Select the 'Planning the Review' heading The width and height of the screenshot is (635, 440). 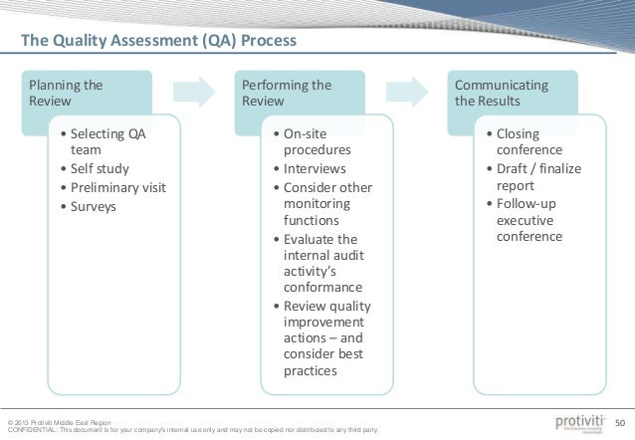(66, 94)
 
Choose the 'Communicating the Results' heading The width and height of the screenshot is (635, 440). (502, 94)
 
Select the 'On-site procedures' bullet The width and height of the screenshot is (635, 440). (316, 141)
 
